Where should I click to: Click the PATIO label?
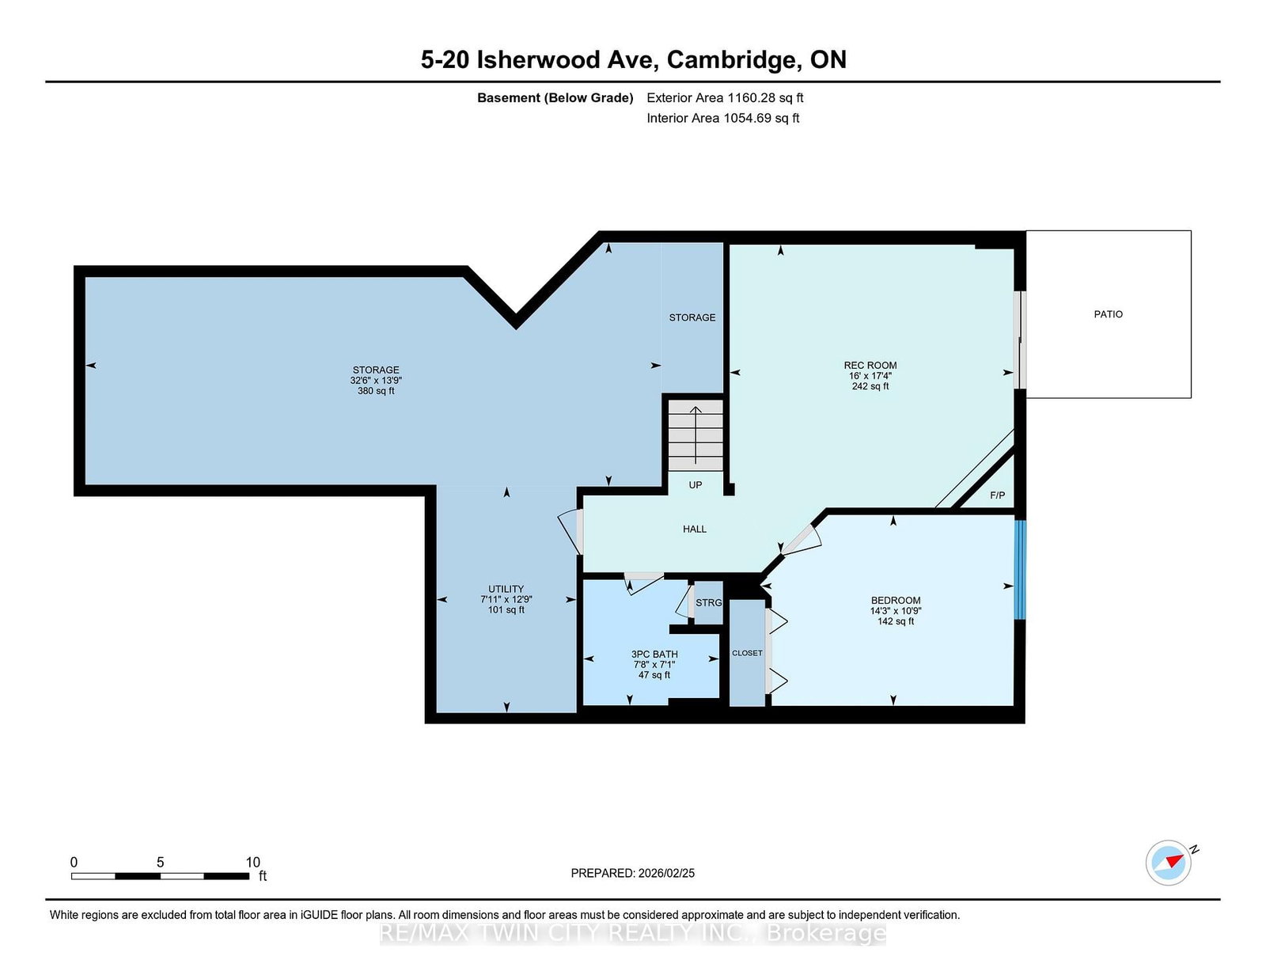click(x=1108, y=314)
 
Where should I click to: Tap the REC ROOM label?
click(x=870, y=366)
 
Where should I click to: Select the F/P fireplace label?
click(x=998, y=495)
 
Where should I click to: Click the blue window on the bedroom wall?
click(x=1020, y=569)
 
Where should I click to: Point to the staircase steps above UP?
click(x=695, y=434)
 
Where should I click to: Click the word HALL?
click(x=695, y=529)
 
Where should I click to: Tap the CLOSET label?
click(x=747, y=653)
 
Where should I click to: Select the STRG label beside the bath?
click(x=708, y=602)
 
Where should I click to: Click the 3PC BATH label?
click(x=654, y=655)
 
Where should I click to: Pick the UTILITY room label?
click(x=506, y=589)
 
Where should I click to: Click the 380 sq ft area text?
click(x=376, y=391)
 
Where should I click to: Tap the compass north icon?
click(x=1168, y=863)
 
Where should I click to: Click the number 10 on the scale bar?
click(x=252, y=863)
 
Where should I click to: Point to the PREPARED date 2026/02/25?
click(x=666, y=873)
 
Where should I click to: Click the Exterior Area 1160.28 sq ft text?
click(x=725, y=98)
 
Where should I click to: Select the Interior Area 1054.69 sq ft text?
click(x=722, y=118)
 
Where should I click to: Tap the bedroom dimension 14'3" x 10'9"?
click(x=896, y=611)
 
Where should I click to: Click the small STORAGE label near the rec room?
click(x=692, y=317)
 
